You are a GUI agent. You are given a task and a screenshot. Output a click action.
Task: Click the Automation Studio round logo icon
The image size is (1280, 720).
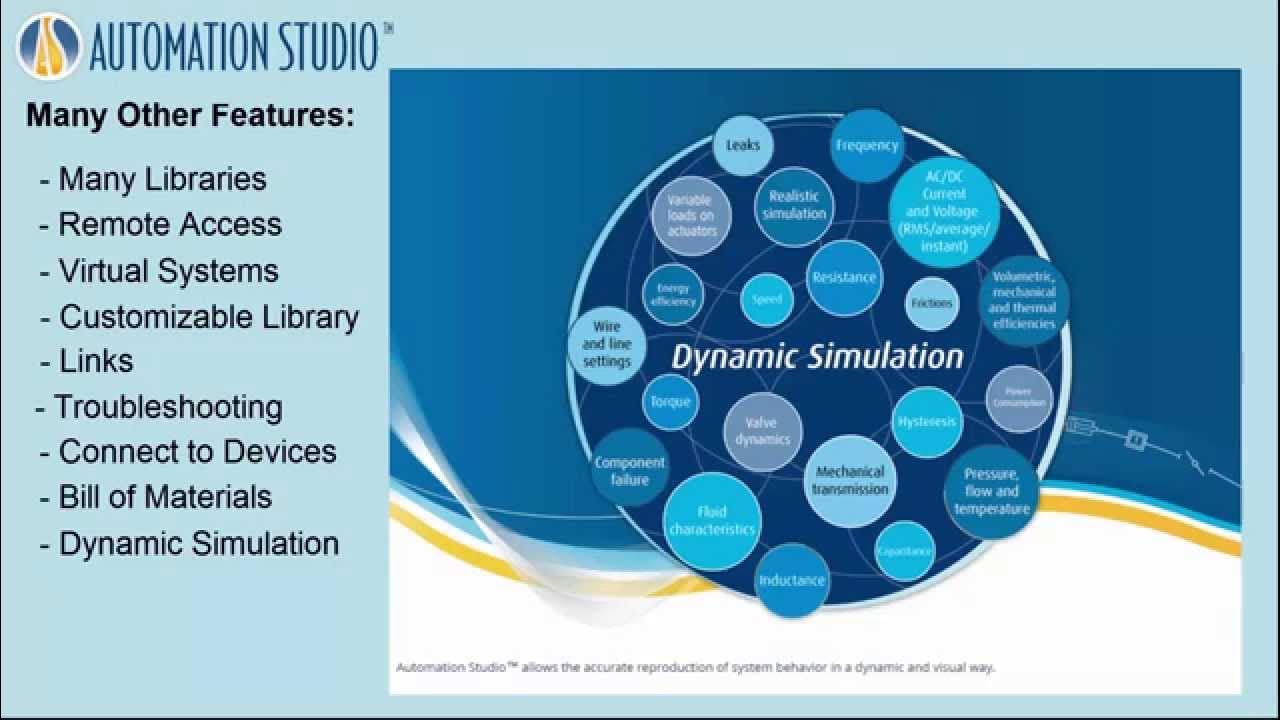tap(49, 47)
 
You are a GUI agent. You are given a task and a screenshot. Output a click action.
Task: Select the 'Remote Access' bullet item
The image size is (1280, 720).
tap(169, 224)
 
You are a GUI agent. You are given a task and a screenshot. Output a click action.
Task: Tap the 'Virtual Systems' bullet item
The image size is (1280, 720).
tap(168, 271)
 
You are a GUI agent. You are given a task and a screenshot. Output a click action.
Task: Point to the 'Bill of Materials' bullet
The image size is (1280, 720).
tap(165, 497)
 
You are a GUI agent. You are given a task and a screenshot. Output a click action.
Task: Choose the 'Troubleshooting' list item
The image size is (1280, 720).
tap(168, 407)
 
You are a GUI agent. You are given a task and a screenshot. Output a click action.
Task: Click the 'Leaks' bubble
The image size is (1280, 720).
tap(743, 146)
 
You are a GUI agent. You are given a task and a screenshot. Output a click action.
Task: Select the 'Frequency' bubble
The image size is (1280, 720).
tap(867, 146)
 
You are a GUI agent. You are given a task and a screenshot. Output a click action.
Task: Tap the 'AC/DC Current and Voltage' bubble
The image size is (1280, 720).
tap(943, 212)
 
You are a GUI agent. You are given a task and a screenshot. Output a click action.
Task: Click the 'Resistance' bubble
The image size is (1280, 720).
tap(844, 278)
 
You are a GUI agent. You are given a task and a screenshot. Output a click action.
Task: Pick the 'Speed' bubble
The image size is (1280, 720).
tap(767, 300)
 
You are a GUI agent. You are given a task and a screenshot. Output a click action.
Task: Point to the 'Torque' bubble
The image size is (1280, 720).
tap(670, 402)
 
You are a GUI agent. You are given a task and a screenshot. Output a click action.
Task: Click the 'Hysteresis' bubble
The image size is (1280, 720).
tap(927, 422)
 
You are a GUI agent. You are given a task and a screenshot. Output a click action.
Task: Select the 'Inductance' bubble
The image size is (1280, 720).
tap(792, 580)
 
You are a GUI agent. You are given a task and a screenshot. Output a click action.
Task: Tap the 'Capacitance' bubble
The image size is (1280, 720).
tap(905, 551)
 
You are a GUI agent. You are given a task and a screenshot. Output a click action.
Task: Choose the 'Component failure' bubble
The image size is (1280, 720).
tap(630, 470)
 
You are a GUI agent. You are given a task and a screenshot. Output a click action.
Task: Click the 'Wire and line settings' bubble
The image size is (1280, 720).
tap(607, 344)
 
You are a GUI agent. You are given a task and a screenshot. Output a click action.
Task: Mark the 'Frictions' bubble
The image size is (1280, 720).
tap(932, 303)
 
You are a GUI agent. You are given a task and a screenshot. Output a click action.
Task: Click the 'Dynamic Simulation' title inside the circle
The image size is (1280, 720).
tap(817, 357)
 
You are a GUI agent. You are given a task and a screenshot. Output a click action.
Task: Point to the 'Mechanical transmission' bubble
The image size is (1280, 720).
tap(850, 481)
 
